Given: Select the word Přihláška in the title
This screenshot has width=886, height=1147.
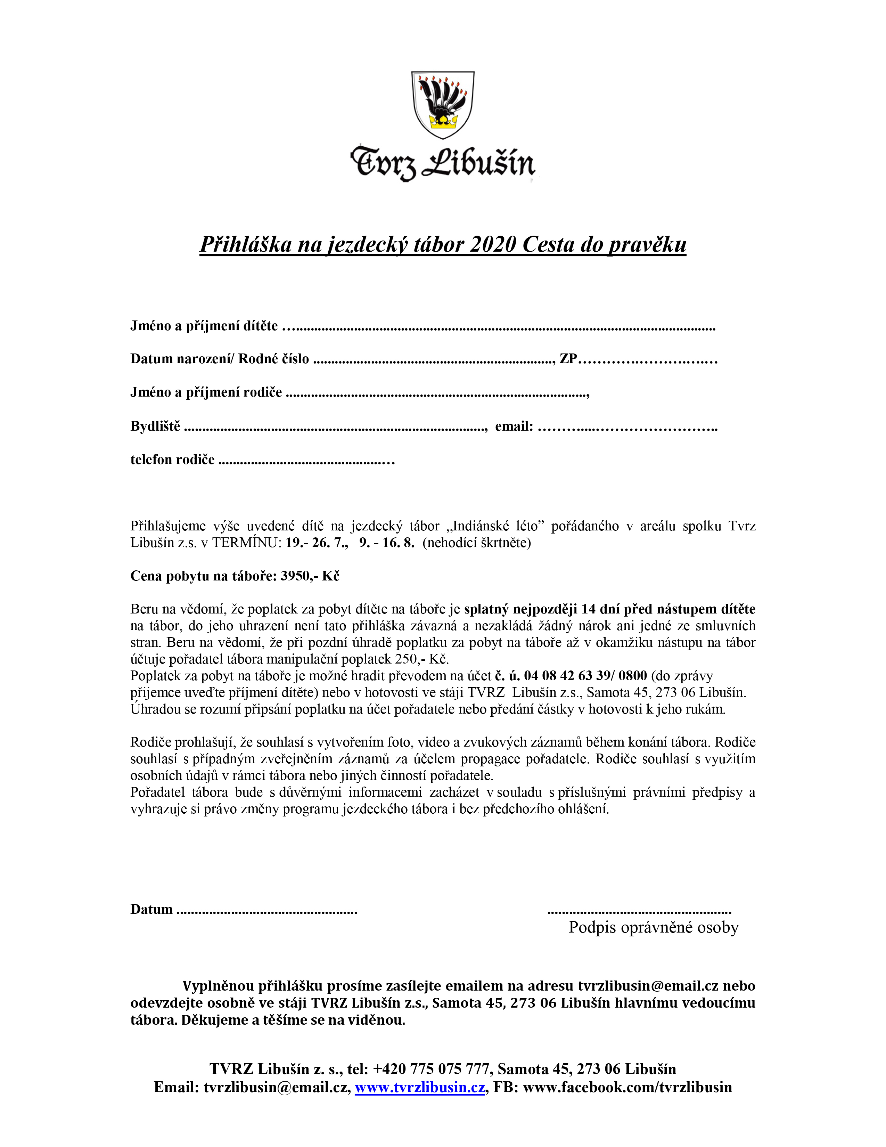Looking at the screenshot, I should click(x=245, y=244).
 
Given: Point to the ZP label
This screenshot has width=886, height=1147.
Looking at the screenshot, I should click(x=568, y=359).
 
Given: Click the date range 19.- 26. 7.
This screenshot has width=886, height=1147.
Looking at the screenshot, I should click(x=317, y=543).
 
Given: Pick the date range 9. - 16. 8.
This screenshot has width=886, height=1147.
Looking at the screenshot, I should click(x=387, y=543).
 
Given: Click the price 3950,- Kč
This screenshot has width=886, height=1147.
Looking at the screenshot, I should click(x=310, y=576).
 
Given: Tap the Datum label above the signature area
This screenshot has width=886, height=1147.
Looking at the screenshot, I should click(x=151, y=909).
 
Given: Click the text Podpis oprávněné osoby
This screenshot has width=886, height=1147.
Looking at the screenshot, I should click(x=654, y=927).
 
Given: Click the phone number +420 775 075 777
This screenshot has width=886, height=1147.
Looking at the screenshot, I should click(x=432, y=1069).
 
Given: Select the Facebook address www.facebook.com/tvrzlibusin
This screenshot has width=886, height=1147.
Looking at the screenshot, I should click(x=627, y=1087).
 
